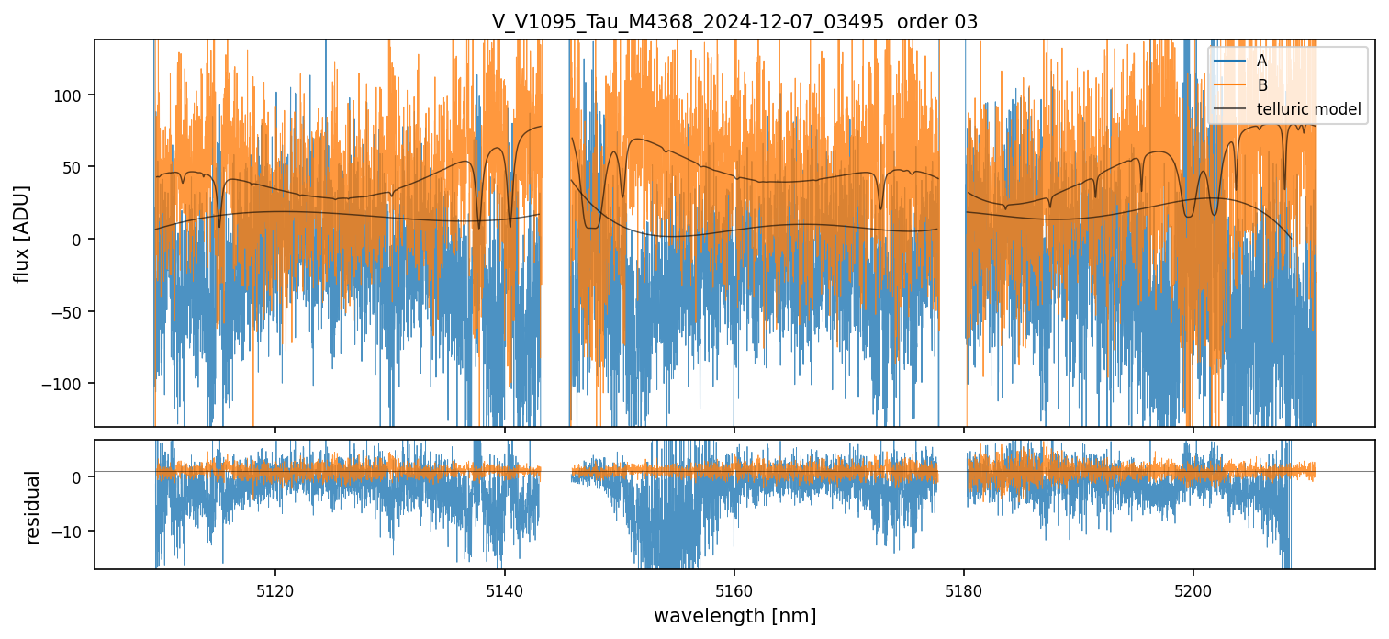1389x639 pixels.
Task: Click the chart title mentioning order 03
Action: (734, 22)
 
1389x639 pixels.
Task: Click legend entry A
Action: (1261, 61)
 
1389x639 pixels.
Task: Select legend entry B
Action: (1261, 85)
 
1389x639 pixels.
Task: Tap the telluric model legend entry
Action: (1308, 110)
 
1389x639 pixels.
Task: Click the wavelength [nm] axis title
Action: (734, 615)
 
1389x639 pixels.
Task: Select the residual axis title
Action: (33, 507)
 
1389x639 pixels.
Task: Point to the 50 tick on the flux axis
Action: (74, 167)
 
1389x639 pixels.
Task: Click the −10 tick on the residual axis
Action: (70, 532)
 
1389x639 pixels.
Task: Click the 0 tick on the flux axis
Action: (78, 240)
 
